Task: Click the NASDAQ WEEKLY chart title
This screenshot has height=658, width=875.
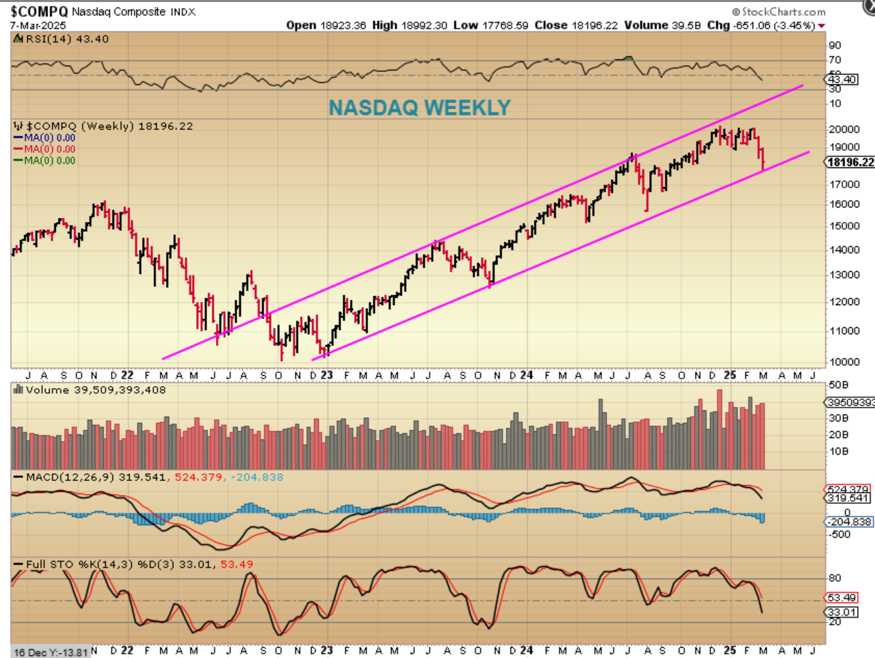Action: point(419,107)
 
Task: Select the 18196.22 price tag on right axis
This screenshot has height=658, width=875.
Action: point(849,162)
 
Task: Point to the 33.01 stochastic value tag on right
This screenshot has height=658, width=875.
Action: point(840,612)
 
